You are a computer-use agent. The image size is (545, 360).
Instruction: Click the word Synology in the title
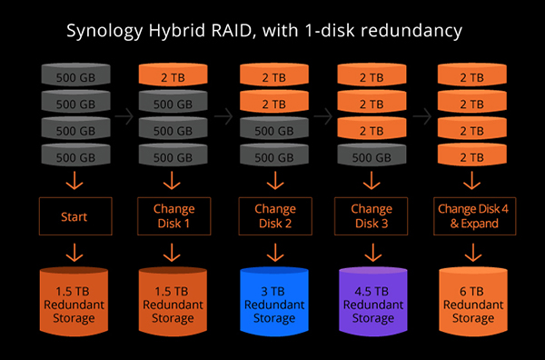(x=107, y=31)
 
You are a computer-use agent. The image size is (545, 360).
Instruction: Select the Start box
(x=73, y=218)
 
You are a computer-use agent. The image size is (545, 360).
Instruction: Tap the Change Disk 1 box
(x=173, y=218)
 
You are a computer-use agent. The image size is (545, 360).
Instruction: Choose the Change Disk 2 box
(x=272, y=218)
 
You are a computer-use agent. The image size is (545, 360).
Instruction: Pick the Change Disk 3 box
(x=372, y=218)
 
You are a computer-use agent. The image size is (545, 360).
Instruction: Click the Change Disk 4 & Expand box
(x=472, y=218)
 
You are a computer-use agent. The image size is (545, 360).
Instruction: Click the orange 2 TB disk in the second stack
(x=173, y=77)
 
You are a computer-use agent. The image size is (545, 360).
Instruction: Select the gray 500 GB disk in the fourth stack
(x=372, y=156)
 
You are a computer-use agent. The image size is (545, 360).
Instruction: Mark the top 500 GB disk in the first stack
(x=73, y=77)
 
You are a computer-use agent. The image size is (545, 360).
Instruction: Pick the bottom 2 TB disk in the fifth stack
(x=472, y=156)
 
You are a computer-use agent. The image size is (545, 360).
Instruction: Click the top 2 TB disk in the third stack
(x=272, y=77)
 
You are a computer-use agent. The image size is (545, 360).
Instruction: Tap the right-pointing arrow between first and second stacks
(x=123, y=116)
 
